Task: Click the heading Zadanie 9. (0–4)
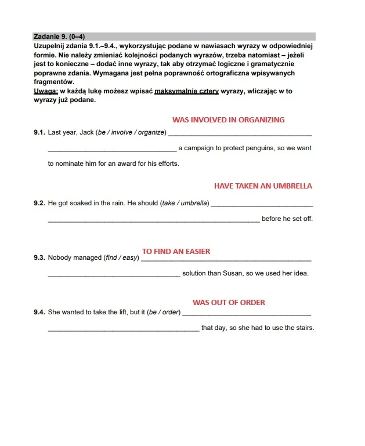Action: point(59,36)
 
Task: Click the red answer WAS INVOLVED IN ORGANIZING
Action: point(228,120)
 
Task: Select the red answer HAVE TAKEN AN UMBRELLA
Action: point(263,186)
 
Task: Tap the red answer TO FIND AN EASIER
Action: point(176,252)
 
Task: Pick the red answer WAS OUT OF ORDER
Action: point(229,302)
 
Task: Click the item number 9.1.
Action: point(39,133)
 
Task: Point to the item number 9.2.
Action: point(39,203)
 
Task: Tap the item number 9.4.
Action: point(39,313)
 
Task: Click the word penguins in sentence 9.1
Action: point(260,148)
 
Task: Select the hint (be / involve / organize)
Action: point(131,133)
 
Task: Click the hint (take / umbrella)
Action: point(186,203)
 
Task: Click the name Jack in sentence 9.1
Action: point(86,133)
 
